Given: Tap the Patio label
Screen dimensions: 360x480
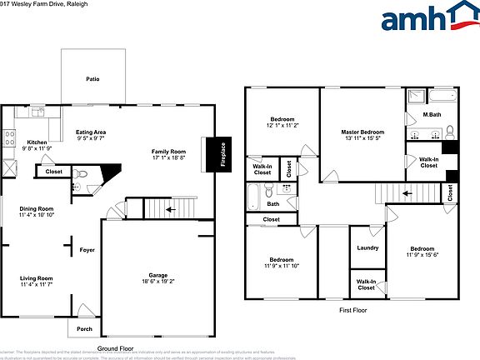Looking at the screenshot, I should [92, 78].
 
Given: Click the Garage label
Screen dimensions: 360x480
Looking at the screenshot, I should [158, 275].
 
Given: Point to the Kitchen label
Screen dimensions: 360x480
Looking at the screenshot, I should [37, 142].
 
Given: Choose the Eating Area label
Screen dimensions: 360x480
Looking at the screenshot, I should [91, 132].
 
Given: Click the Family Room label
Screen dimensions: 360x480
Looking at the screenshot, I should [167, 151].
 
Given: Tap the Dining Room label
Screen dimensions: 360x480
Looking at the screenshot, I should [37, 208].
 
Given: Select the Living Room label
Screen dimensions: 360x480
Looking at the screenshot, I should [37, 278].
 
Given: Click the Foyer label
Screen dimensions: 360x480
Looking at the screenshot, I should [87, 250].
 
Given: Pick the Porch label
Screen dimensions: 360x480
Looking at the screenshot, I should [84, 328].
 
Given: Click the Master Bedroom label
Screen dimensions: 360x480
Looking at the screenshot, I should [362, 132].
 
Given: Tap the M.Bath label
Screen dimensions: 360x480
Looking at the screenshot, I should [432, 114].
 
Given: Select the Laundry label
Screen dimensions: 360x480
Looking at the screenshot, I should [367, 247].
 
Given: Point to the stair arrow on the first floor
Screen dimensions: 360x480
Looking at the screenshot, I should [407, 193].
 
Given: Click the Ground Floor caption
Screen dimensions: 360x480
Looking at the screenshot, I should [115, 348].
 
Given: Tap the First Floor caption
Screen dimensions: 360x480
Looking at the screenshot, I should [352, 310].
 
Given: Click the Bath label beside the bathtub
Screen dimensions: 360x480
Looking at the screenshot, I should [272, 203].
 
